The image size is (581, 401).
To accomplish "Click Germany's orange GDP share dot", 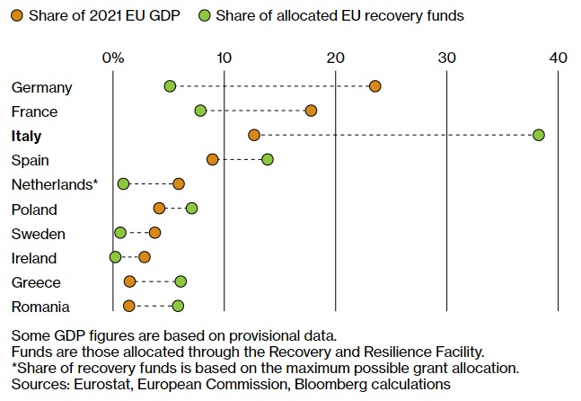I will (x=374, y=86).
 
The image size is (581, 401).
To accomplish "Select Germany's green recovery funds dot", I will (x=170, y=86).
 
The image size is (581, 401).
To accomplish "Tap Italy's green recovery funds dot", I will (x=538, y=135).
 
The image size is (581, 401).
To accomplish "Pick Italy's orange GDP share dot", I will (x=254, y=135).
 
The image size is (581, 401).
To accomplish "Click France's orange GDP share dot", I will (x=311, y=111).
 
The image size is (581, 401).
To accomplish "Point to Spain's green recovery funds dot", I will (x=267, y=159).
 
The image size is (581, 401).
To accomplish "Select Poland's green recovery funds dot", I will (x=191, y=209).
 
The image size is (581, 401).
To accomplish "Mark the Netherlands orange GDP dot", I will (x=179, y=183).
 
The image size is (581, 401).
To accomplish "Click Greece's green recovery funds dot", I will (x=180, y=281).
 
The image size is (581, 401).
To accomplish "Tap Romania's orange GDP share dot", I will (x=129, y=306).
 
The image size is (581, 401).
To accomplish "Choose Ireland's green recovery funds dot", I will (x=115, y=257).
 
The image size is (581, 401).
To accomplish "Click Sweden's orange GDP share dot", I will (x=154, y=233).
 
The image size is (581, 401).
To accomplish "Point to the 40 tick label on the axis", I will (x=558, y=58).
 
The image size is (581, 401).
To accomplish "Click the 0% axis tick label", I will (x=113, y=58).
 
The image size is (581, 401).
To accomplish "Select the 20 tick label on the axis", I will (x=335, y=58).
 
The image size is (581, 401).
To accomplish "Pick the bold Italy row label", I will (x=27, y=136).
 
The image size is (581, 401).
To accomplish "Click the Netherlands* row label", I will (x=54, y=184).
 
